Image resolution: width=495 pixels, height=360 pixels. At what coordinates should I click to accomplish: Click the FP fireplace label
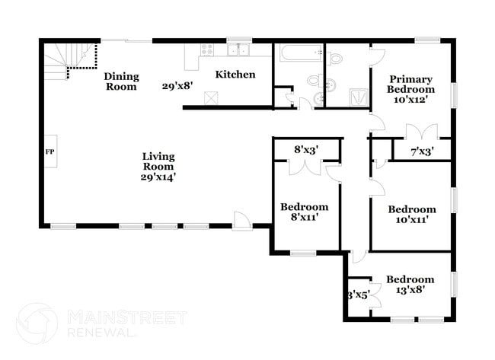tap(50, 151)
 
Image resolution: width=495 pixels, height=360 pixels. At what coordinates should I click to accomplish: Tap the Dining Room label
tap(121, 81)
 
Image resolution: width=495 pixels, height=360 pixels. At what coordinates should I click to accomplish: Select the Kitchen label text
tap(235, 75)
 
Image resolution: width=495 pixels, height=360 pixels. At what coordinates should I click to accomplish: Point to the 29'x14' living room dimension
tap(158, 176)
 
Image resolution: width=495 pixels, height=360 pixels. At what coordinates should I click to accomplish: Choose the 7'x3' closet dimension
tap(421, 151)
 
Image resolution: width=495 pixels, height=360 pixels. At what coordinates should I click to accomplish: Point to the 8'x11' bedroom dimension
tap(304, 217)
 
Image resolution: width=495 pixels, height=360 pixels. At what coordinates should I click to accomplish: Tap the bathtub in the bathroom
tap(298, 55)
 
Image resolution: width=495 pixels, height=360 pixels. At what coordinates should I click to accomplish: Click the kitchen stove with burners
tap(206, 50)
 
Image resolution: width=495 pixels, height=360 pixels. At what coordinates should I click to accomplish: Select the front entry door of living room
tap(243, 220)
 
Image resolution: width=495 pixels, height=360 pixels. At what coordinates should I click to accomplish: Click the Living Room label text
tap(158, 161)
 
